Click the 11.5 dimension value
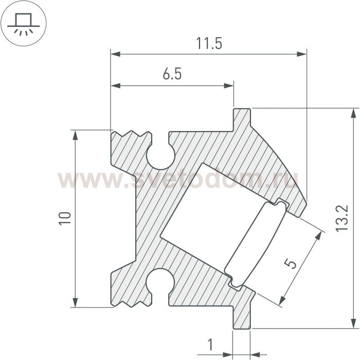click(209, 44)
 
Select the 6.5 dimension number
click(172, 74)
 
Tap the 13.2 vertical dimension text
click(342, 219)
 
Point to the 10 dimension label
click(65, 219)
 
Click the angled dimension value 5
click(291, 263)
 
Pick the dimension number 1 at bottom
click(210, 345)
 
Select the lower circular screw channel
click(160, 281)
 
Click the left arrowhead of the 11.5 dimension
click(116, 54)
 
